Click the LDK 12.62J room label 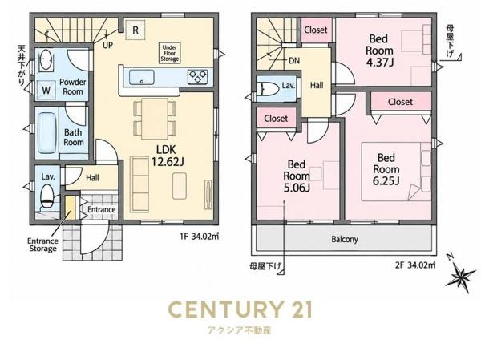(168, 156)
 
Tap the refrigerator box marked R (135, 30)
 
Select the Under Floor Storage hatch (169, 53)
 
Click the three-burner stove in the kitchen (197, 77)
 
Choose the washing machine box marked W (46, 91)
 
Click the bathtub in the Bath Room (47, 133)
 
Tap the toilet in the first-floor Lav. (47, 196)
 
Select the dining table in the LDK (155, 119)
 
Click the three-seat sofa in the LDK (139, 184)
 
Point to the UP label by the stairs (107, 46)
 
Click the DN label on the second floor (294, 60)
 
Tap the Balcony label (345, 239)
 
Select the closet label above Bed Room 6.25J (400, 102)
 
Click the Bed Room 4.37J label (379, 51)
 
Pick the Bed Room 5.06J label (297, 176)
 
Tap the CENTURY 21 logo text (240, 309)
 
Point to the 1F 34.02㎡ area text (200, 237)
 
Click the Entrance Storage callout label (43, 245)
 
